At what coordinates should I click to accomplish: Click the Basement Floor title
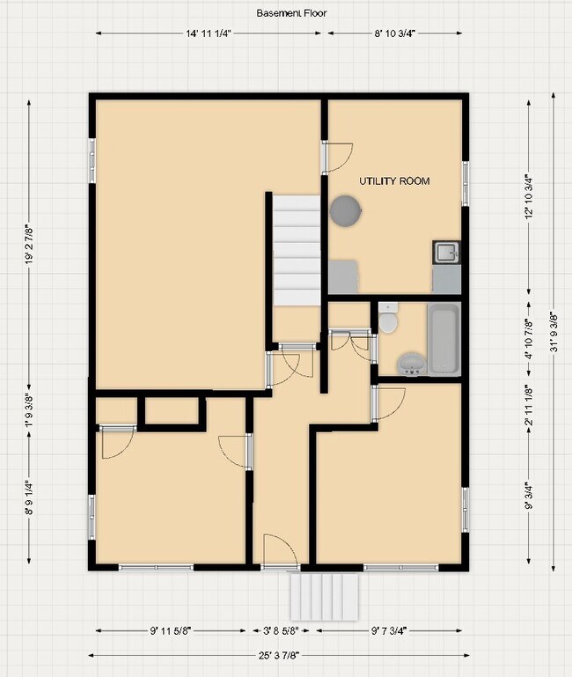[287, 13]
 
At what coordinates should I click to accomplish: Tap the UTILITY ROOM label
[394, 181]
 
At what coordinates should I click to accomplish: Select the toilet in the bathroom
[389, 318]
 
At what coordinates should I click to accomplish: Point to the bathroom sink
[410, 364]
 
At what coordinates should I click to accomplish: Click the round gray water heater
[344, 211]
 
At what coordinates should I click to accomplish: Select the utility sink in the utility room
[446, 254]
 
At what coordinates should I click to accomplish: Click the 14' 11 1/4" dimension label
[209, 33]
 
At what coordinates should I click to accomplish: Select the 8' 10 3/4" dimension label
[394, 33]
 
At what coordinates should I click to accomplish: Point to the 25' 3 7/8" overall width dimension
[279, 654]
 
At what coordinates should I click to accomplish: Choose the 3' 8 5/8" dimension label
[281, 630]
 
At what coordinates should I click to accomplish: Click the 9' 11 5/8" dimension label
[172, 630]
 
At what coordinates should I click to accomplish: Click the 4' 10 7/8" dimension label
[528, 339]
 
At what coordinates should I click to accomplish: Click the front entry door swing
[278, 550]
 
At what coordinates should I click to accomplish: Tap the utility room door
[336, 157]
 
